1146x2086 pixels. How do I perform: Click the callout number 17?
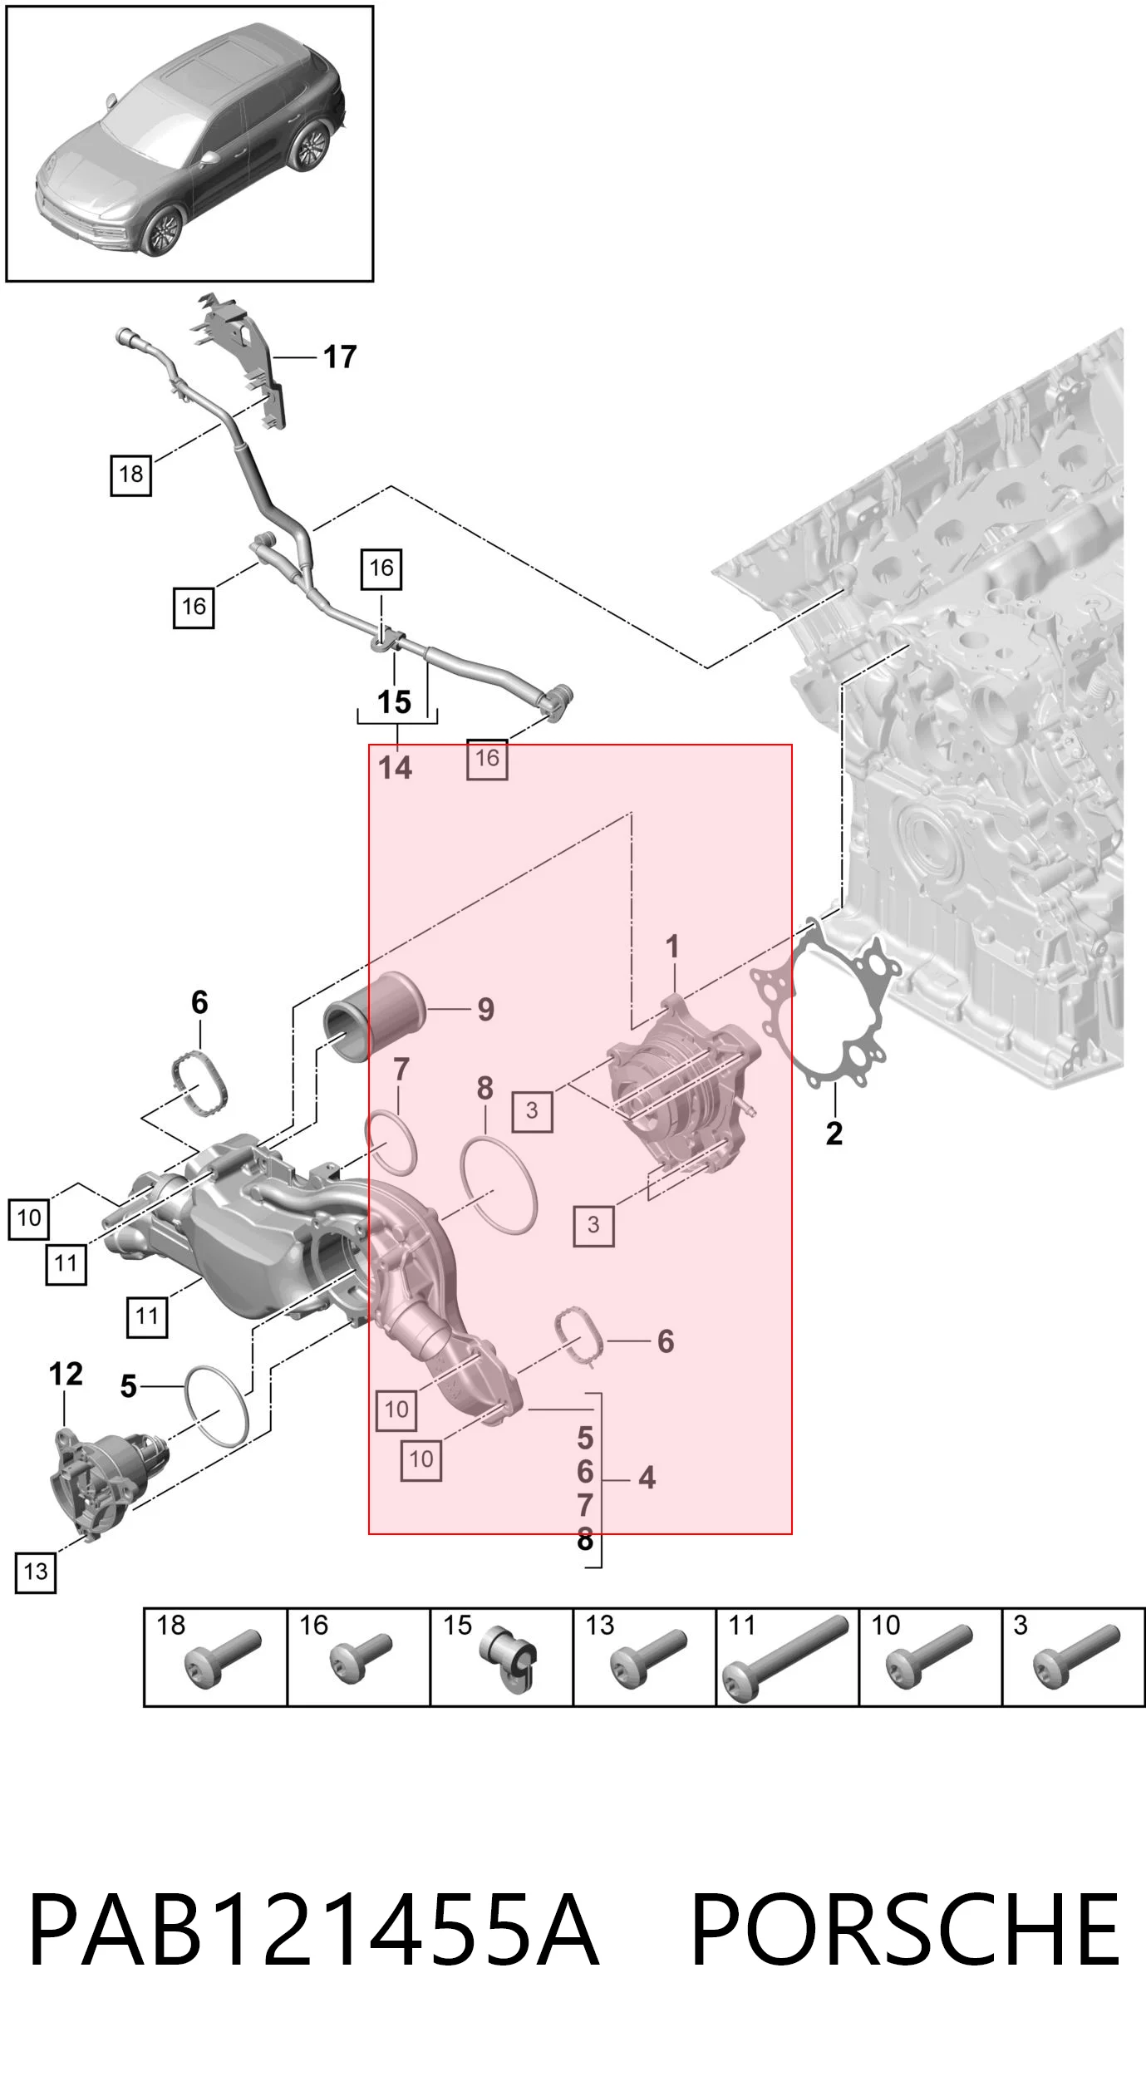340,357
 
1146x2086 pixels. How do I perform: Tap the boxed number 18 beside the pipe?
131,475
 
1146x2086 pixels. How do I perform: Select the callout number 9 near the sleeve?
485,1010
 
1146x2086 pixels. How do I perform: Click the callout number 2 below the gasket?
834,1133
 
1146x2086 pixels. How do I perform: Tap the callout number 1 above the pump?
672,947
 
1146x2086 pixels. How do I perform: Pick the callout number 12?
66,1374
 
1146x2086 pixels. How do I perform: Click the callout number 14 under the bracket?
395,767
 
